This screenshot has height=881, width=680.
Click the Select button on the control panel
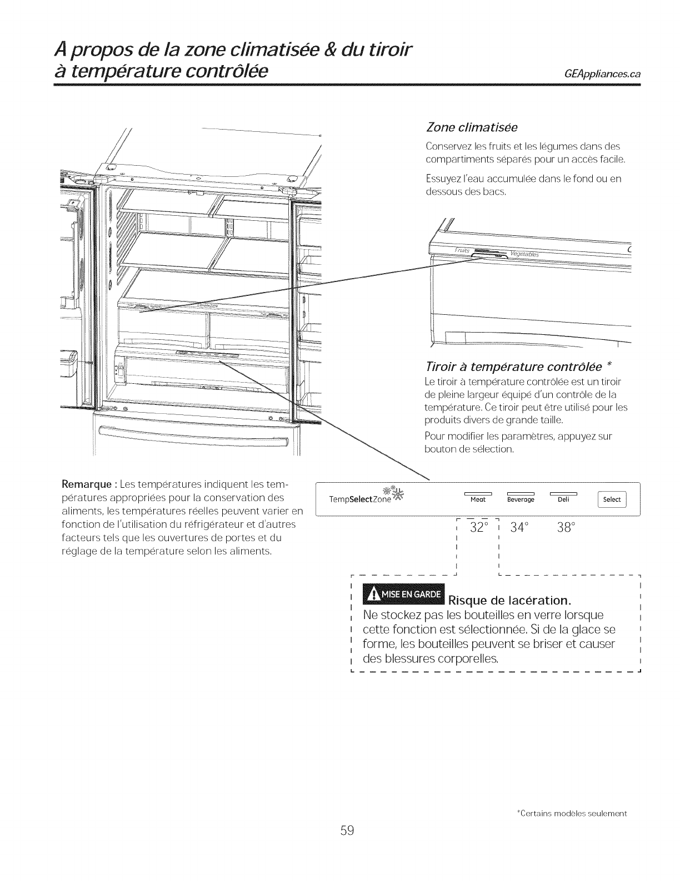(x=611, y=499)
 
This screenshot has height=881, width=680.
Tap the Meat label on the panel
(x=478, y=499)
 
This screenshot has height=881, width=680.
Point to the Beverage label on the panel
(x=521, y=499)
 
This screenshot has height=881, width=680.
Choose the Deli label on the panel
(x=563, y=499)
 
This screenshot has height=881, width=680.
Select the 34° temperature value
(x=521, y=527)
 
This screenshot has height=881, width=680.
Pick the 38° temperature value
(x=564, y=527)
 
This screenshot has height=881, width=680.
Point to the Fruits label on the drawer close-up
(x=463, y=251)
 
